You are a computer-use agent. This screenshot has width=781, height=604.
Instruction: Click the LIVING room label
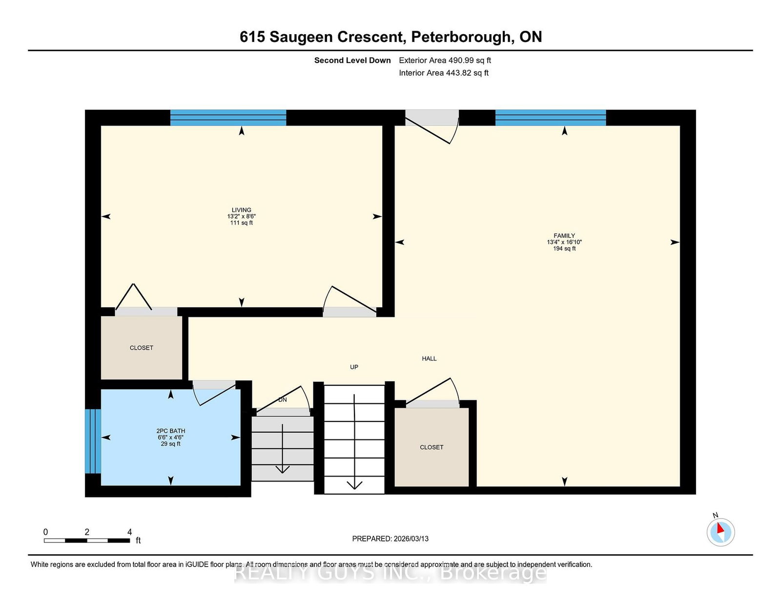241,210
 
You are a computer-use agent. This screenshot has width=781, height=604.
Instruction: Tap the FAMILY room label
564,236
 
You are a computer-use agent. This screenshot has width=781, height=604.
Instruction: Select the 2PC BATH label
171,431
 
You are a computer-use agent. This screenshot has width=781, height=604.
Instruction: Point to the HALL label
429,358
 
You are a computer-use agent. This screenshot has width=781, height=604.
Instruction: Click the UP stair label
354,367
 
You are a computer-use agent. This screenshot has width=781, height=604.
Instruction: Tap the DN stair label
283,400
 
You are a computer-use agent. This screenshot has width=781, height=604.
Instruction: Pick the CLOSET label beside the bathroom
141,348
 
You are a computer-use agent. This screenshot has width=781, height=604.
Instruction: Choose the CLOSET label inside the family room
432,447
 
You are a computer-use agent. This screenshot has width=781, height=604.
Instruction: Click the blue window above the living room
228,118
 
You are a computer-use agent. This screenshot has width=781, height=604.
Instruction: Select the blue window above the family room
550,118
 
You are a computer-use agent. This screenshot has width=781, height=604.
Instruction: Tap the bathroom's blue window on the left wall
93,441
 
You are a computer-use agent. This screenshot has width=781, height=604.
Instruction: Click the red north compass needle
720,528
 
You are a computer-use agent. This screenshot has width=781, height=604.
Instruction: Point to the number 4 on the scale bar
129,532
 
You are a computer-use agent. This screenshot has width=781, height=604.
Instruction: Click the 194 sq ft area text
564,249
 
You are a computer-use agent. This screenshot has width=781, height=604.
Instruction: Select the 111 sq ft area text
241,223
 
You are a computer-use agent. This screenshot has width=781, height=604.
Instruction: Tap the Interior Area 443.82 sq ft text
444,73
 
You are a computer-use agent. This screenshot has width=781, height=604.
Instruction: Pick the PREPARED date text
390,539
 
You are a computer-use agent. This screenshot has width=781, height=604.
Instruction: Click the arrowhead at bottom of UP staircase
354,485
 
